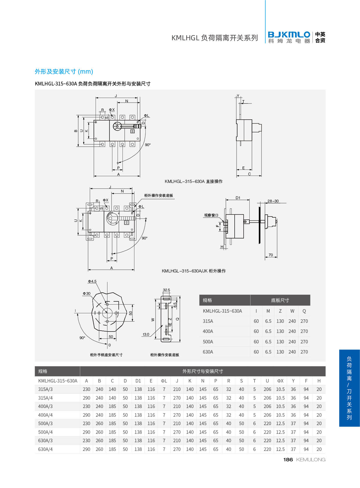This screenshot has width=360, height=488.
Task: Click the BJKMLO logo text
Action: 289,35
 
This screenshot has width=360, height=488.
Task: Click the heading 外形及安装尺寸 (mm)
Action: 64,72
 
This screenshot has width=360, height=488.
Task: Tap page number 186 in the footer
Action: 288,460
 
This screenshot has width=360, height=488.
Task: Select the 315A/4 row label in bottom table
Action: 45,398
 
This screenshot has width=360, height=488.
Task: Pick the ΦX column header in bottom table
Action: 280,381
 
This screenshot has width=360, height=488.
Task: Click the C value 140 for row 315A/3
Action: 112,389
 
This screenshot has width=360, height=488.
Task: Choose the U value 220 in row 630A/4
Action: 267,449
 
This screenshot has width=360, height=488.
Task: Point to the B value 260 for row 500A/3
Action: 99,423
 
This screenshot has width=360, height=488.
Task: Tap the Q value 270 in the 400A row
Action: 304,331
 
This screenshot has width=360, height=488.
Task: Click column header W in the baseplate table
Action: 292,311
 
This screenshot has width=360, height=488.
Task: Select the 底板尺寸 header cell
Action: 280,300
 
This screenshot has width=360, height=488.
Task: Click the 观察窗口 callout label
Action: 211,215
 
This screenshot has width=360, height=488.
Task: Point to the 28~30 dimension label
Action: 273,201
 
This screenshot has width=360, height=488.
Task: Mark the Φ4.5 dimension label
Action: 92,281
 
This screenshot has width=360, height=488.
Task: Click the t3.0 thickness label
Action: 146,334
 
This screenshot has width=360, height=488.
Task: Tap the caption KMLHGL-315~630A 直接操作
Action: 193,181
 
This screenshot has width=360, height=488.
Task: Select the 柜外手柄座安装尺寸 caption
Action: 106,355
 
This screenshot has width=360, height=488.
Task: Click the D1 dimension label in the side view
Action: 238,198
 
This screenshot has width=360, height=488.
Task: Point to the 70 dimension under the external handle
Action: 271,255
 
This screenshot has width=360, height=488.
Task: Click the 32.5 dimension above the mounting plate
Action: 166,290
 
